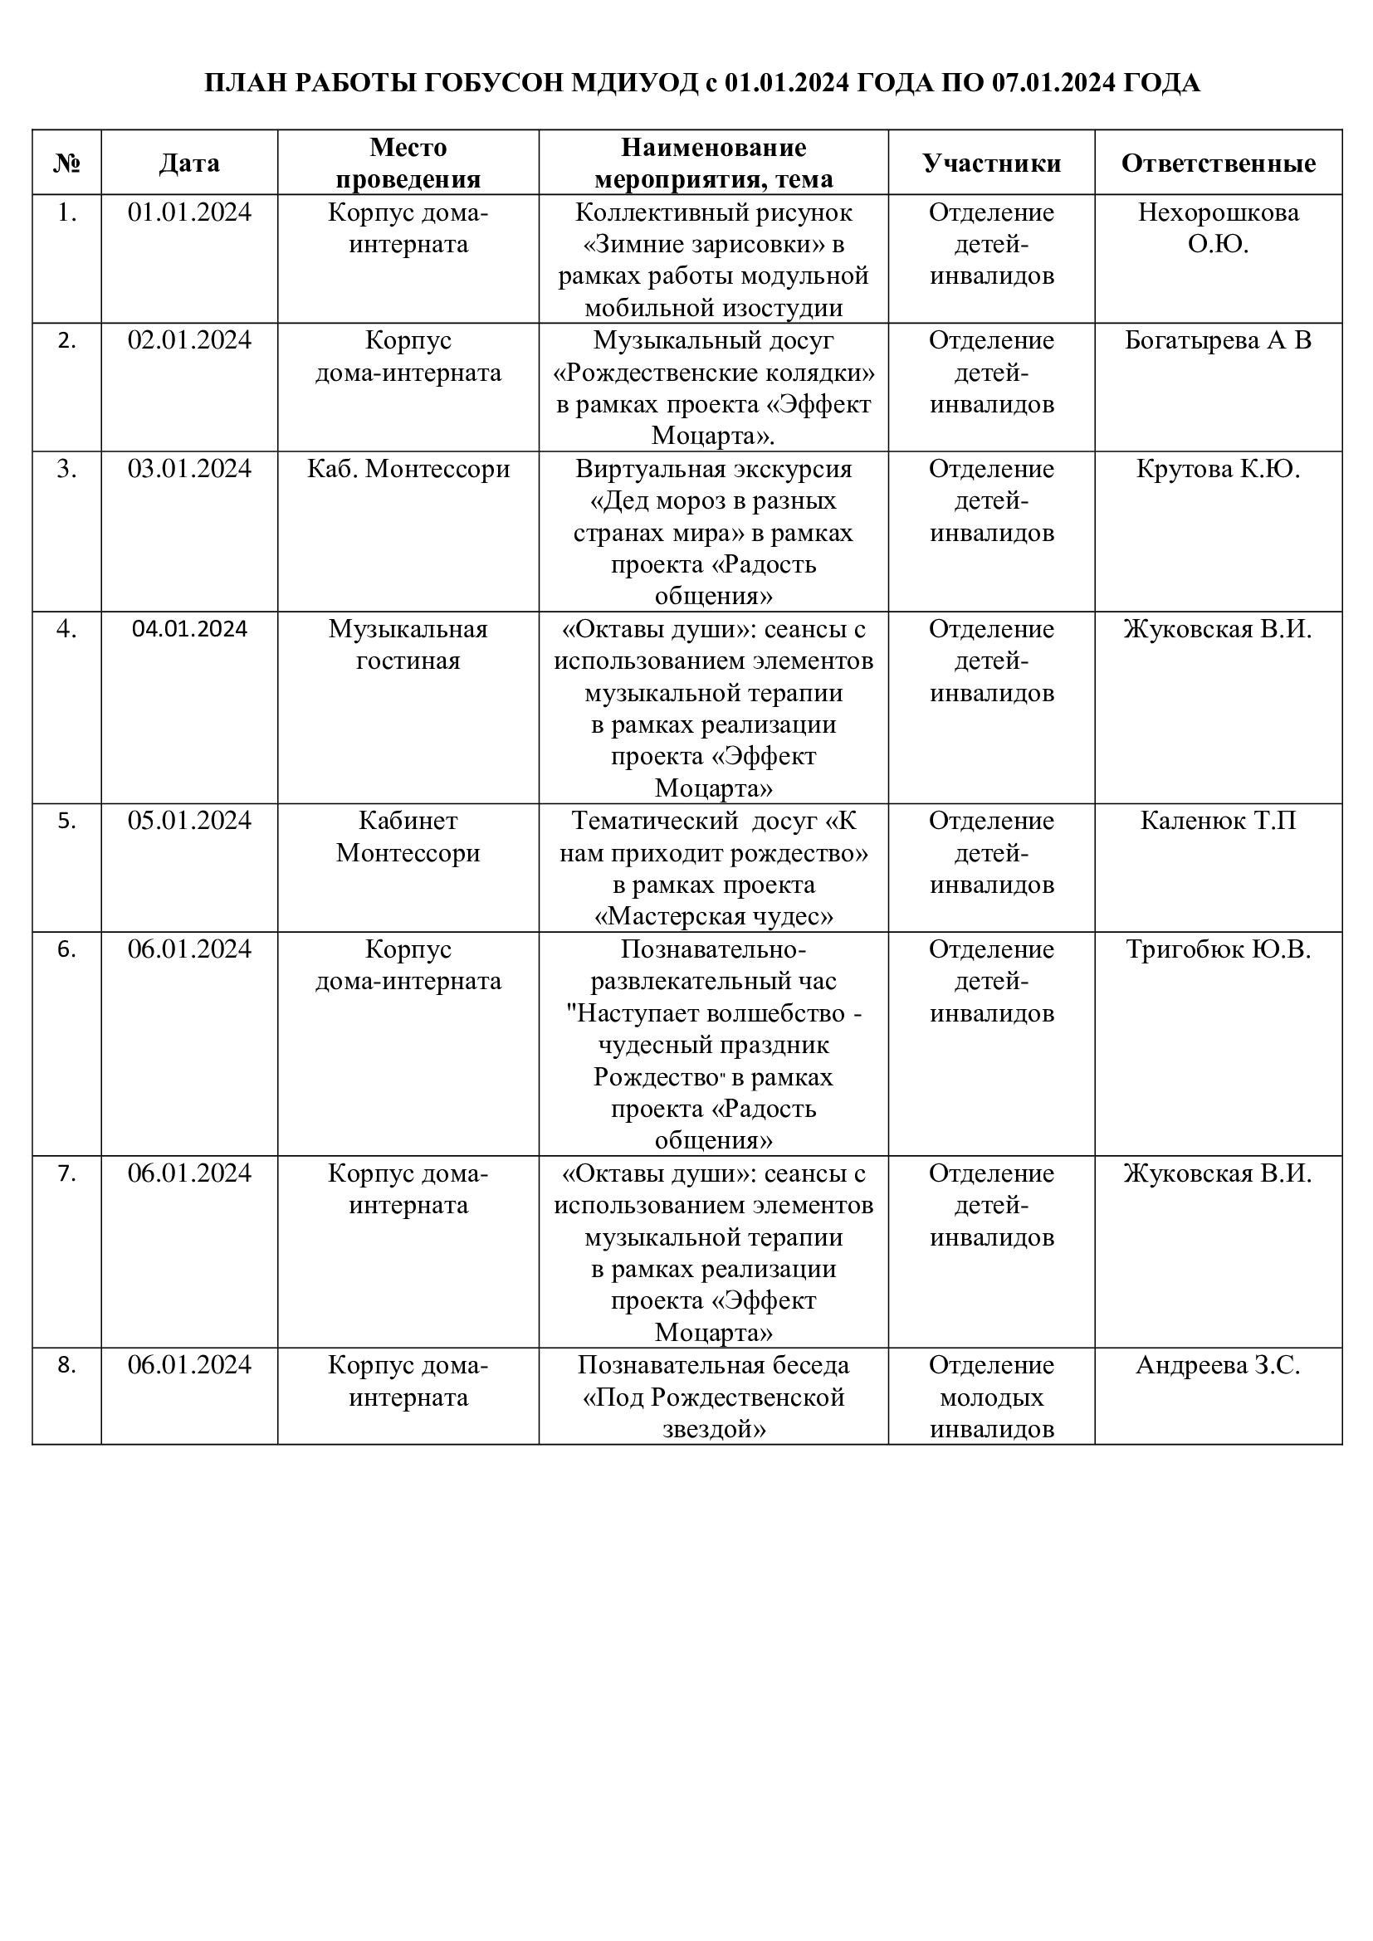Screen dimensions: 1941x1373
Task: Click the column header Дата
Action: tap(189, 163)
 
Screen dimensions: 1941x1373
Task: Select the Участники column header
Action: tap(991, 163)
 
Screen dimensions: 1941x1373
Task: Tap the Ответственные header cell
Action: tap(1218, 163)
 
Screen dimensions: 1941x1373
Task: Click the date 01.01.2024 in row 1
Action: tap(189, 212)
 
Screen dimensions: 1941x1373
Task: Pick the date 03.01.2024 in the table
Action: tap(189, 468)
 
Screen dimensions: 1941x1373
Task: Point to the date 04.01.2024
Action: tap(189, 628)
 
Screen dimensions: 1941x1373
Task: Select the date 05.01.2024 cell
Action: tap(189, 820)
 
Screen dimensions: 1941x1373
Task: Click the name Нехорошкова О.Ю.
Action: tap(1218, 228)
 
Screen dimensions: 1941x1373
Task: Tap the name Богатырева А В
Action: tap(1218, 341)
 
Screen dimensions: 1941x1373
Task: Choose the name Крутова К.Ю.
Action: tap(1218, 468)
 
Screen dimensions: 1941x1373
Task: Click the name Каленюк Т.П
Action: tap(1218, 820)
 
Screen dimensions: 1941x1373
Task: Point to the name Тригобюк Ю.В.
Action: tap(1218, 949)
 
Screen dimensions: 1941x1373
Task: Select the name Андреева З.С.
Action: tap(1218, 1364)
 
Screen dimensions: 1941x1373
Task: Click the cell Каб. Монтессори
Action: tap(408, 468)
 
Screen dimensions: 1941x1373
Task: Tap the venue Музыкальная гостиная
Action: tap(408, 644)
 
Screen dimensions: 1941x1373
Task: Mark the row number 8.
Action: tap(66, 1364)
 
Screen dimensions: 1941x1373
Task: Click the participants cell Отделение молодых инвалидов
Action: tap(991, 1397)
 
